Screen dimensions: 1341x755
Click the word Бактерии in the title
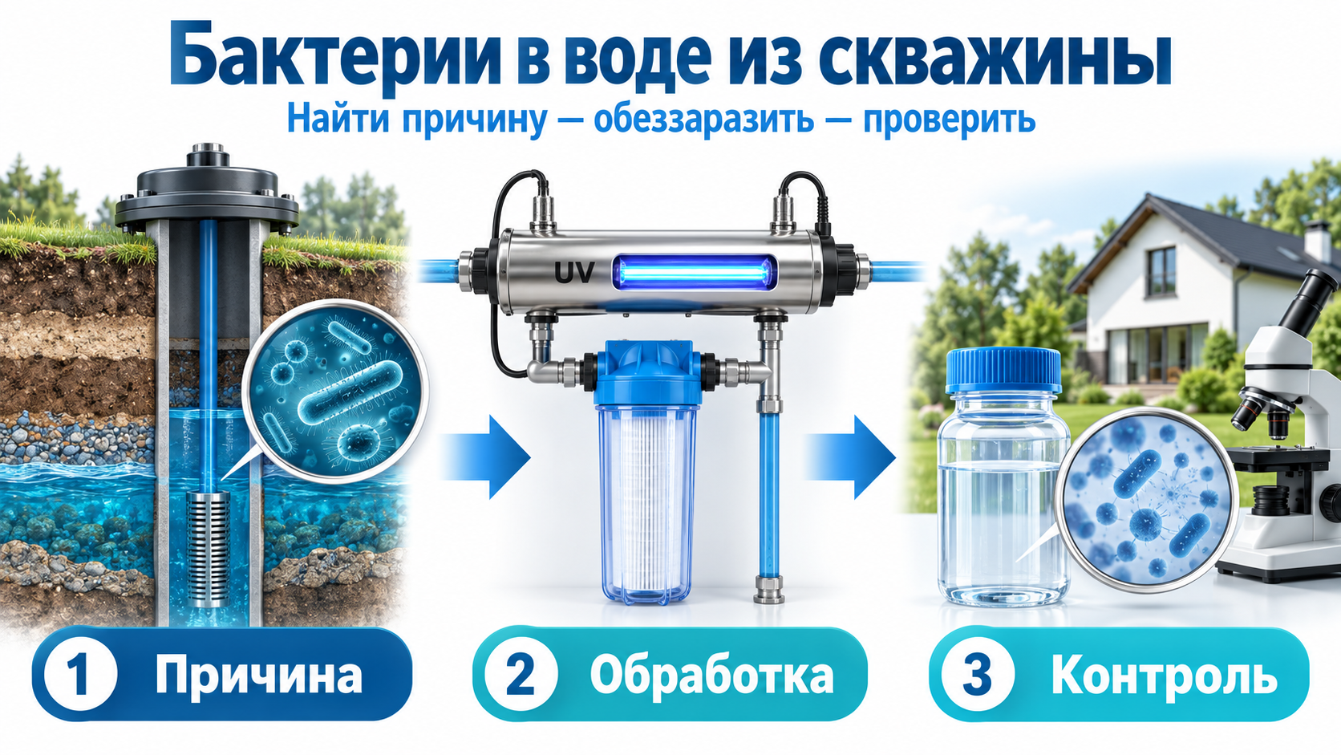click(334, 60)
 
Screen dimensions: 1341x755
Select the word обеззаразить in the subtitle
click(704, 120)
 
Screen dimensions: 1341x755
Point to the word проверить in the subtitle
click(949, 120)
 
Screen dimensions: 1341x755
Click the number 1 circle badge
click(80, 675)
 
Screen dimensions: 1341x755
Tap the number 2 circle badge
click(521, 675)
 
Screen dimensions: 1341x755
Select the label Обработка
click(712, 675)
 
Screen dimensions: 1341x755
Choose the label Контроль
click(1165, 676)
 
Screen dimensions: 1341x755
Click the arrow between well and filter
click(486, 457)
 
